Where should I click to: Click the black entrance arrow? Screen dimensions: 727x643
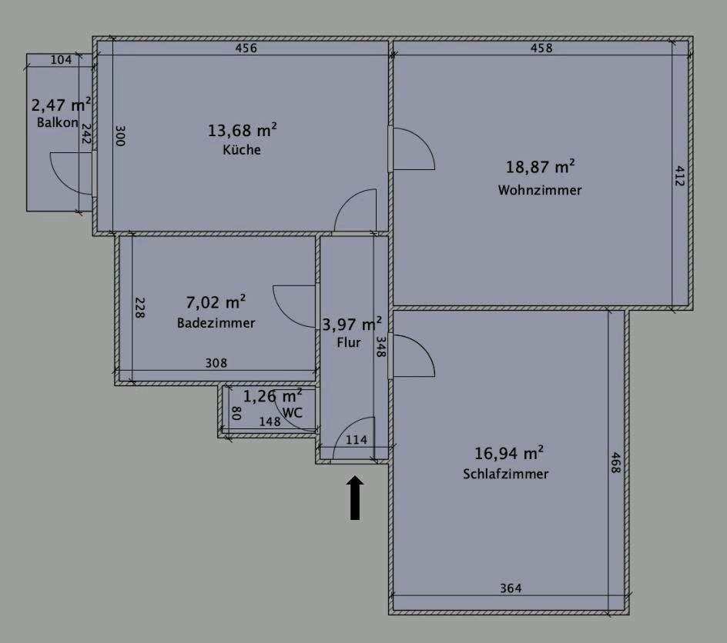355,498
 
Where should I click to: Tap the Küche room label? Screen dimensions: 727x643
242,149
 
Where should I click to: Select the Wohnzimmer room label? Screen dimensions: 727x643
540,190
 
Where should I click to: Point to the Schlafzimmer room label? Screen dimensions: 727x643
505,474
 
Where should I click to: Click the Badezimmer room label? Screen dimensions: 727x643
216,323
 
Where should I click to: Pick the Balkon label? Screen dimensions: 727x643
58,122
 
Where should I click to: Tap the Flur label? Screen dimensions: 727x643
349,342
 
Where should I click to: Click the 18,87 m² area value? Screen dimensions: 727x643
540,167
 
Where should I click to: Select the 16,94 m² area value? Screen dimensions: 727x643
508,453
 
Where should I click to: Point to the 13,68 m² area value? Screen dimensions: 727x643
242,131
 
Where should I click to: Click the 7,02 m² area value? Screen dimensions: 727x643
216,302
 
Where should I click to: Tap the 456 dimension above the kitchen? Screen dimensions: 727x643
246,48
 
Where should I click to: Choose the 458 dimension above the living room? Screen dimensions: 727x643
541,48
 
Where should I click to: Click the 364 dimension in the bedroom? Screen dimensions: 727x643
511,588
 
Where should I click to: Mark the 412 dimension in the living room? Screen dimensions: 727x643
678,176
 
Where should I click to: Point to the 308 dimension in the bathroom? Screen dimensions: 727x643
216,363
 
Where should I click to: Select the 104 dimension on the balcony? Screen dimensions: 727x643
61,60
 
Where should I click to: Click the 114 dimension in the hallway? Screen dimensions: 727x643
356,440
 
